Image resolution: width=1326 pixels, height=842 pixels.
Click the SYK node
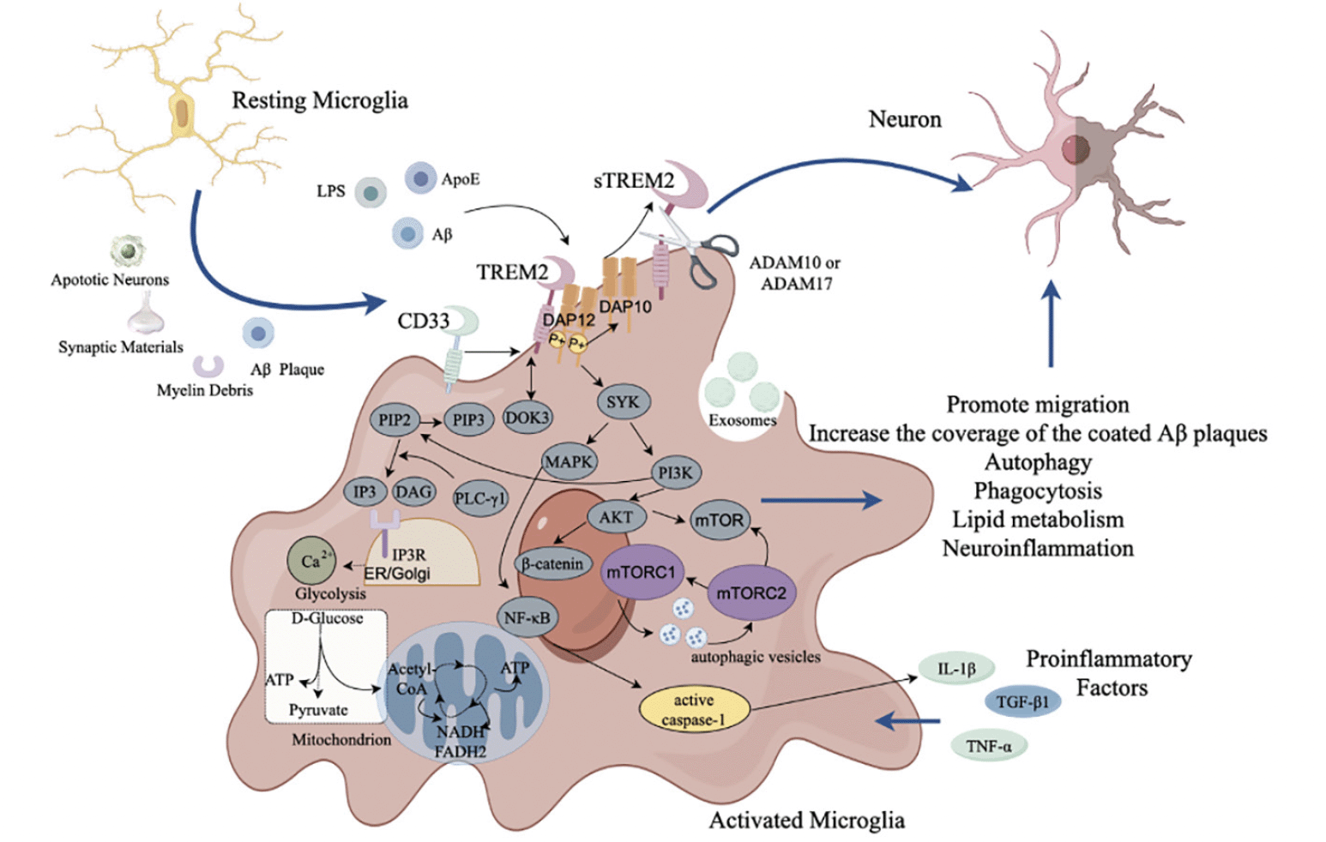624,402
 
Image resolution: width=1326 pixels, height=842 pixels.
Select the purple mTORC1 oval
641,572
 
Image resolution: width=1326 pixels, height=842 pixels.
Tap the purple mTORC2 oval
751,592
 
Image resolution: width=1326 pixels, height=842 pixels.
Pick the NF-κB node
527,617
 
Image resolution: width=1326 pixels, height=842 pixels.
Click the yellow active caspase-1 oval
694,709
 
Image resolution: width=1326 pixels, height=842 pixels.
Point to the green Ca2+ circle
311,561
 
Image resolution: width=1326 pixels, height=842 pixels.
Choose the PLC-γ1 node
480,499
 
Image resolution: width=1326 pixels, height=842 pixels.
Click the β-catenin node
552,564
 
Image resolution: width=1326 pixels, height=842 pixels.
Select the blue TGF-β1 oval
1022,701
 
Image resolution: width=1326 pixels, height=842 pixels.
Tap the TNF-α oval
989,746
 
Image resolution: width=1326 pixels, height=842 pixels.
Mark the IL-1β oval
956,669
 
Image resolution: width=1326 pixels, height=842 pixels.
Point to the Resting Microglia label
320,100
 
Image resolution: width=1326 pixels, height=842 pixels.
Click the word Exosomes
742,420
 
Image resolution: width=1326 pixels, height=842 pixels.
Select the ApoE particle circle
420,178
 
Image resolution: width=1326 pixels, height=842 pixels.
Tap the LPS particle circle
371,192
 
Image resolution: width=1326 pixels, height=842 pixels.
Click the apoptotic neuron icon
127,251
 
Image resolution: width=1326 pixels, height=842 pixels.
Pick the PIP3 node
468,419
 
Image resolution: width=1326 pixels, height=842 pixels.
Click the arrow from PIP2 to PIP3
431,422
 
